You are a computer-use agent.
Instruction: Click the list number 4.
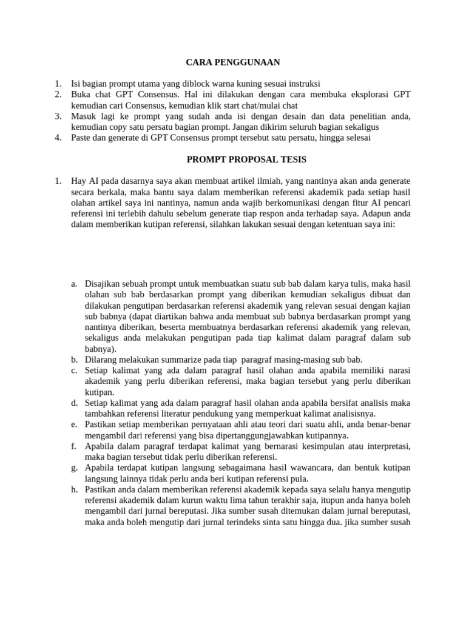pyautogui.click(x=58, y=138)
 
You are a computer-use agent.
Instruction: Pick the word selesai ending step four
pyautogui.click(x=356, y=138)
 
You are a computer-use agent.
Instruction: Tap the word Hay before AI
pyautogui.click(x=79, y=181)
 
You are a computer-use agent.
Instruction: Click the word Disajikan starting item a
pyautogui.click(x=104, y=283)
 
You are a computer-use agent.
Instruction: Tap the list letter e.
pyautogui.click(x=73, y=425)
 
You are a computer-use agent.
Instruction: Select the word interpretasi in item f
pyautogui.click(x=387, y=447)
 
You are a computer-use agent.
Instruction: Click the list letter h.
pyautogui.click(x=73, y=491)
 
